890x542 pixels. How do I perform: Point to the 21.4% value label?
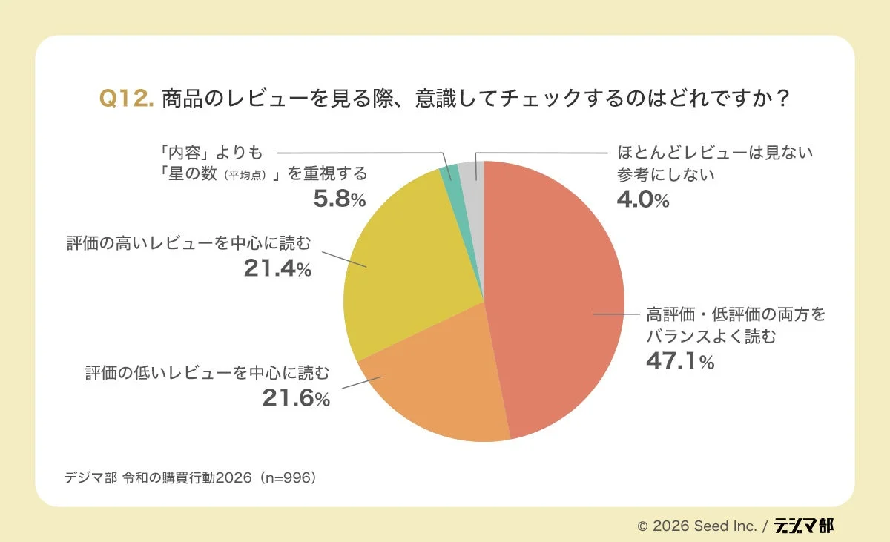[277, 268]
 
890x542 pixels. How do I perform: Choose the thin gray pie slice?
[470, 171]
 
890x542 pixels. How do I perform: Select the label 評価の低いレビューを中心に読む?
[206, 372]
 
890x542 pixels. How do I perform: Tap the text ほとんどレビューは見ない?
[715, 153]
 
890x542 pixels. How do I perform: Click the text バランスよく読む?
[711, 336]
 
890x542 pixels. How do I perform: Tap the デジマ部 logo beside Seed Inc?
[803, 526]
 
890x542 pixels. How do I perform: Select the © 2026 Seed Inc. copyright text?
[697, 526]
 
